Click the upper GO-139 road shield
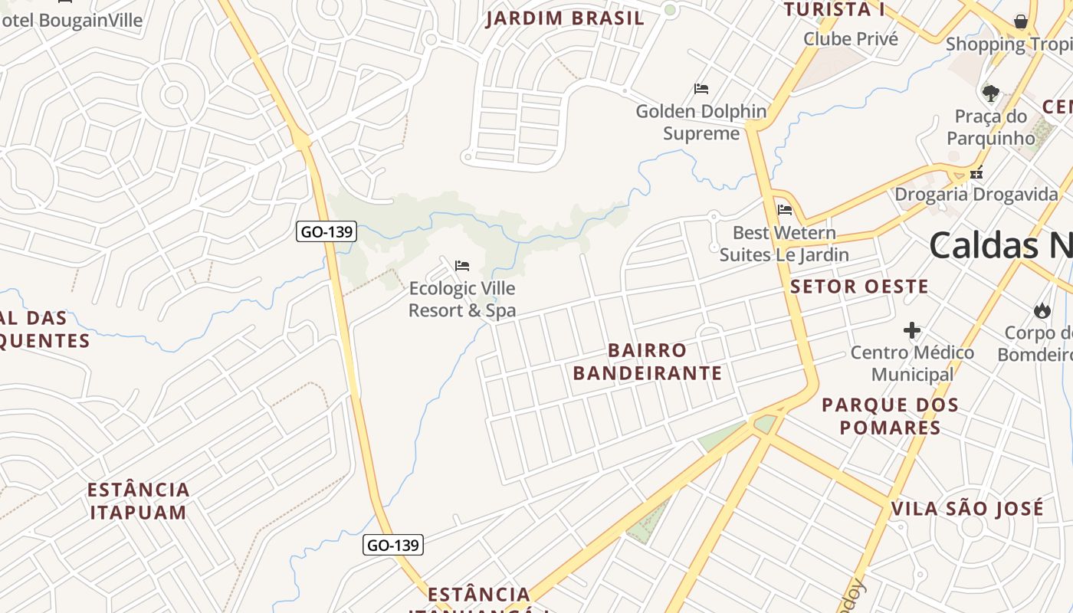[326, 231]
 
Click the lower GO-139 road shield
[392, 545]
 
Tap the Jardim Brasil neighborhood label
[565, 18]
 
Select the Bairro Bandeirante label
[648, 362]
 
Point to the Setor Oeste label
[859, 287]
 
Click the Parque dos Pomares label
[890, 416]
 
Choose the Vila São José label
[967, 508]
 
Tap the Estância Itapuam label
[139, 501]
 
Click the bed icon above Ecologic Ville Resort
[462, 266]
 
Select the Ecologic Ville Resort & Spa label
[462, 300]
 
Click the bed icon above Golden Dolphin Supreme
[701, 89]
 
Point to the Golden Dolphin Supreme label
[701, 123]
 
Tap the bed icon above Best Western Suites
[784, 209]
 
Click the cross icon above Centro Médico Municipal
[912, 330]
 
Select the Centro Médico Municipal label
[912, 363]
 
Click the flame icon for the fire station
[1042, 310]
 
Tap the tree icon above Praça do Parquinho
[990, 93]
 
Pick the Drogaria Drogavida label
[976, 195]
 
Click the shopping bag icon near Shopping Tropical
[1021, 21]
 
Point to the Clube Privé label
[851, 38]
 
